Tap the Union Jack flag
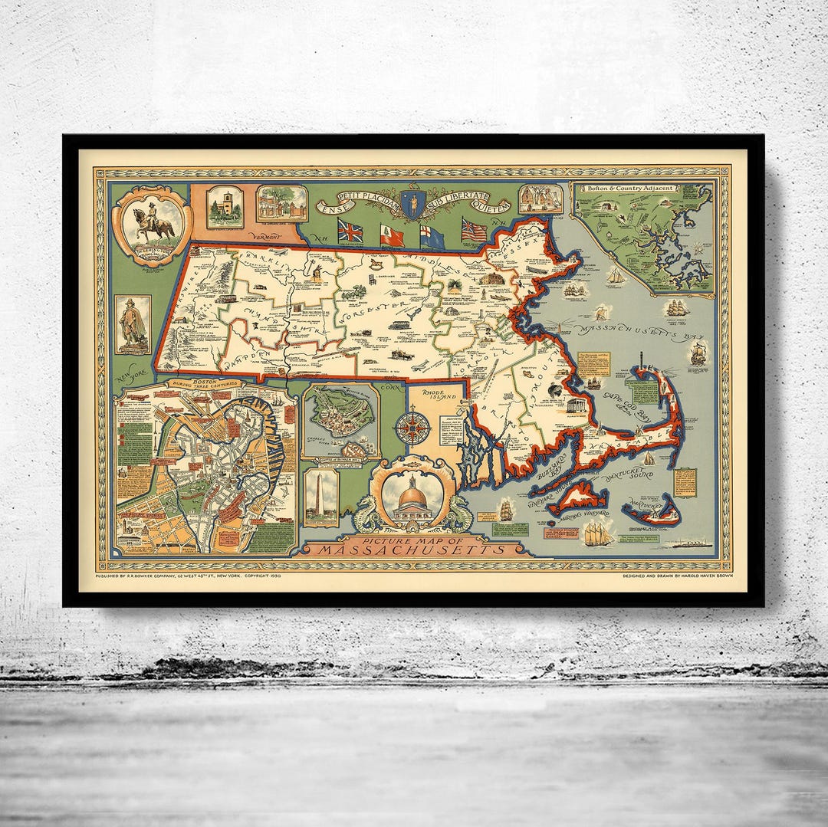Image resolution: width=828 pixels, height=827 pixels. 350,230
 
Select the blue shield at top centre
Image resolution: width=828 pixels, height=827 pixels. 413,205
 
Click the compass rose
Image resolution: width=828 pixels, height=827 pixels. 413,428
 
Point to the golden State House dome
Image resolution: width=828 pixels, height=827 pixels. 412,495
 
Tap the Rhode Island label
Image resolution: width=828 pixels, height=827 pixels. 436,402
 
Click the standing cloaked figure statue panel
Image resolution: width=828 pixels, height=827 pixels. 133,324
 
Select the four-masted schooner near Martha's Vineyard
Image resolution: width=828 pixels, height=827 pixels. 597,532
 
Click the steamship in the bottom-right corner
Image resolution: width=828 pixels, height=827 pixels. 688,544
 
